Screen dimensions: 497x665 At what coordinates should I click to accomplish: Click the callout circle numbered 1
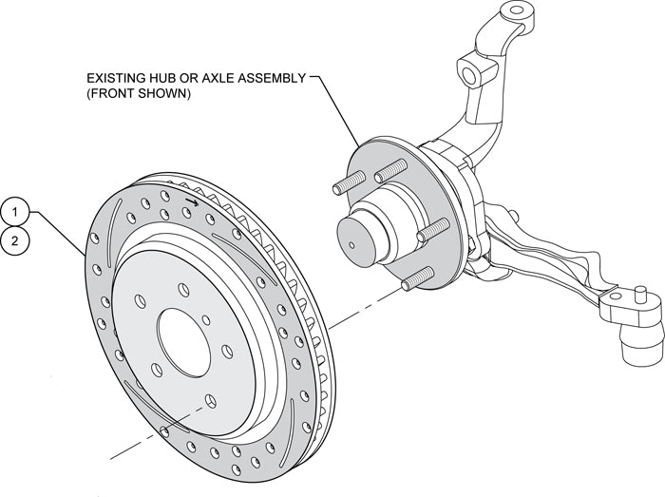16,209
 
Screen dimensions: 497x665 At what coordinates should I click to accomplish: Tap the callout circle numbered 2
16,240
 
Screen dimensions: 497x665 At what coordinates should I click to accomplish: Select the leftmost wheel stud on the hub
344,186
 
